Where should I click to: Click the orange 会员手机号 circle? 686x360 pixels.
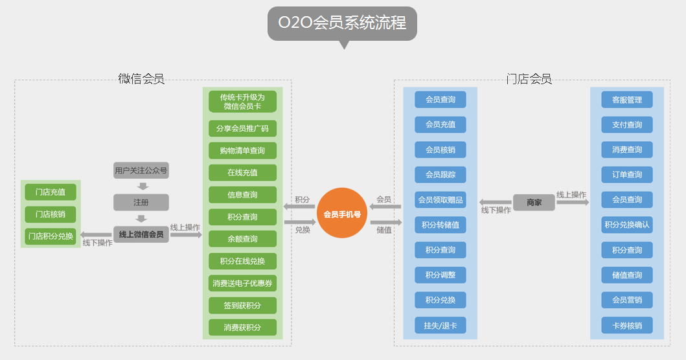[342, 213]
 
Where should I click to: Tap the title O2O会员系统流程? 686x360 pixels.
[342, 23]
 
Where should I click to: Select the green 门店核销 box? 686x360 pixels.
[51, 214]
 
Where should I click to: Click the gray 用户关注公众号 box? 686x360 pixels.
[141, 171]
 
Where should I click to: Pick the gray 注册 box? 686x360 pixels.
[141, 202]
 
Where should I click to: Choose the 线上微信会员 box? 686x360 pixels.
[141, 234]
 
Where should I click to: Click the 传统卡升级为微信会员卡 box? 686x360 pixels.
[242, 102]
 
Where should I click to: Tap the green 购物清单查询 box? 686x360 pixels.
[242, 151]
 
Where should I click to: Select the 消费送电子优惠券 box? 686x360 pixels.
[242, 283]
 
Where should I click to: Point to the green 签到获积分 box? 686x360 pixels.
[242, 305]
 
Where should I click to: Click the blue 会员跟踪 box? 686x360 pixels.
[440, 175]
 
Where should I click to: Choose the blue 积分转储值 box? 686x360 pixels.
[440, 225]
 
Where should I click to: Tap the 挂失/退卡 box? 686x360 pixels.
[440, 325]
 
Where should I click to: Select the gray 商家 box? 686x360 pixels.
[534, 203]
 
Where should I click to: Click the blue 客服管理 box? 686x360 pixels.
[627, 100]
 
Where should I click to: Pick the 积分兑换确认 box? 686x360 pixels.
[627, 225]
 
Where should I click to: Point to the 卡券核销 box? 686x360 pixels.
[627, 325]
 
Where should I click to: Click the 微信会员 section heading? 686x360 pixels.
[141, 80]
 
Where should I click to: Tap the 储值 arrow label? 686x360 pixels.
[384, 230]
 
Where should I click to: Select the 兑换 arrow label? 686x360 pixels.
[303, 230]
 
